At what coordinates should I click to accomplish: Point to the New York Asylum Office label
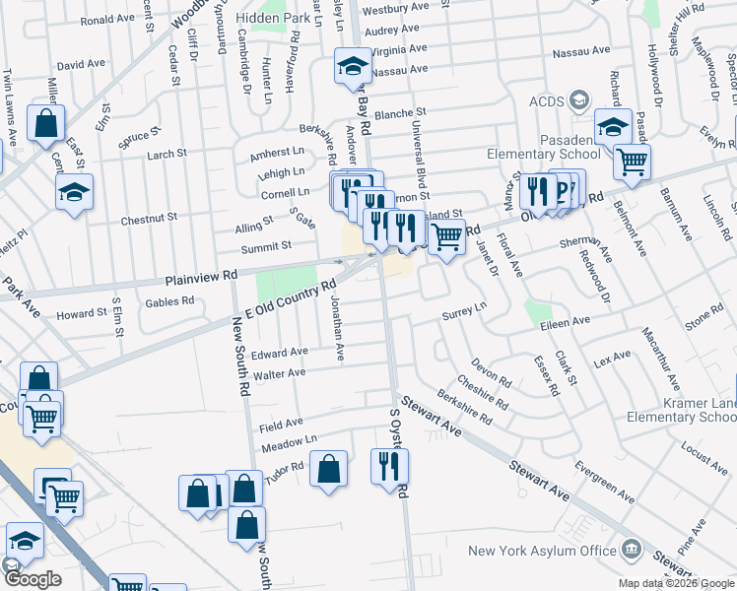(531, 550)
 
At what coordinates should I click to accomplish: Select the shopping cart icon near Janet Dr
(447, 236)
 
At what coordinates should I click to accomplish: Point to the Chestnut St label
(149, 217)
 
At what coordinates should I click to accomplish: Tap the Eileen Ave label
(565, 321)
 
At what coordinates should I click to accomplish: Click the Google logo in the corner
(32, 580)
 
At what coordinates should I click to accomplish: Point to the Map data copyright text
(675, 583)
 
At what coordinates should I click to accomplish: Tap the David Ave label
(81, 64)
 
